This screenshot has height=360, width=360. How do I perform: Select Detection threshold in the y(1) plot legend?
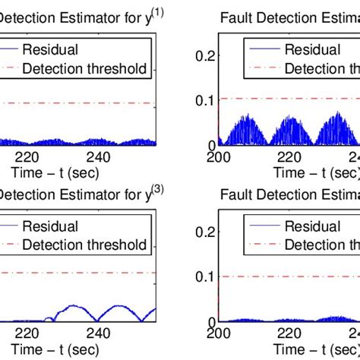click(84, 69)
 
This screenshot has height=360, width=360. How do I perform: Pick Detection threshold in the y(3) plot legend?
click(84, 245)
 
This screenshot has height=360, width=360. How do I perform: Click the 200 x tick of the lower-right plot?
click(219, 332)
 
